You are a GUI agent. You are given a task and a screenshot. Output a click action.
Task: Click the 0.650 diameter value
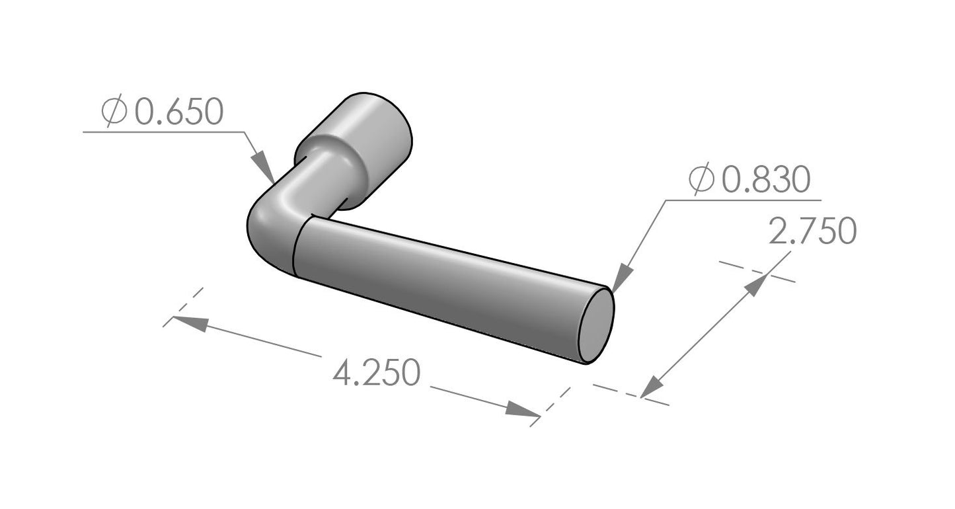179,112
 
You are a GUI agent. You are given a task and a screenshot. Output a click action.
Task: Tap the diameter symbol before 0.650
114,110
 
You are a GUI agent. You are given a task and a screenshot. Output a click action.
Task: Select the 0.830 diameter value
766,179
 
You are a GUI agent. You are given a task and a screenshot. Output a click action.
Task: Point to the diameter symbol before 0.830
701,178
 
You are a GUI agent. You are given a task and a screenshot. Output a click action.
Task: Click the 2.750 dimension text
813,231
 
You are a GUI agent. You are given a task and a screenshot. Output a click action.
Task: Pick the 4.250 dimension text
377,373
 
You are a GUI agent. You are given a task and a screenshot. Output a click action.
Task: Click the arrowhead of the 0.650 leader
262,168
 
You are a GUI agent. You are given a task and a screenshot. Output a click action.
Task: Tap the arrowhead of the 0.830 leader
622,278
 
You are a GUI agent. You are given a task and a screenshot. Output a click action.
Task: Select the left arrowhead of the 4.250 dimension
190,323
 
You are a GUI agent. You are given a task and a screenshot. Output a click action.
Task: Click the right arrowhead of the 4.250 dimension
523,409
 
